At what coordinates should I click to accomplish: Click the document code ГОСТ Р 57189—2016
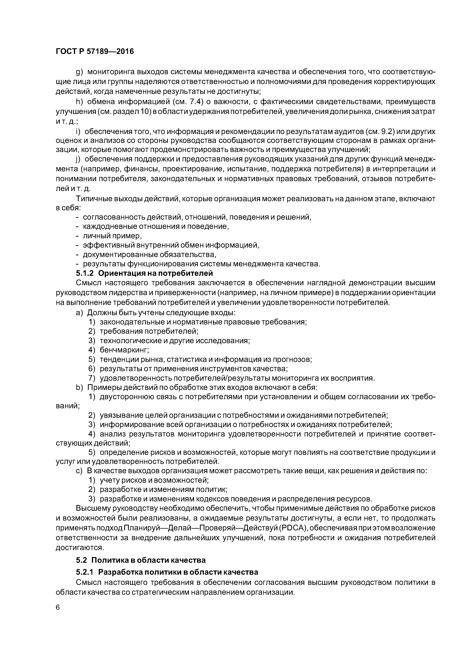coord(95,51)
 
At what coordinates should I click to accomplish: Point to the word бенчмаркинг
coord(124,350)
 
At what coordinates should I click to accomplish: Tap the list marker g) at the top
coord(80,72)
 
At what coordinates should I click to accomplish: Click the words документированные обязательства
coord(149,255)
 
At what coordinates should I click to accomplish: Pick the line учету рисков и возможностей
coord(154,480)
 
